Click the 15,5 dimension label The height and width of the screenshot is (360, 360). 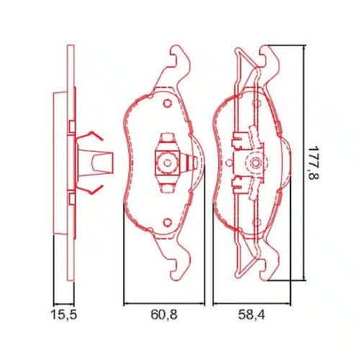click(x=64, y=315)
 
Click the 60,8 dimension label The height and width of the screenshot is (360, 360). click(x=164, y=315)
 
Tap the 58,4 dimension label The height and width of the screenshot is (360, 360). click(x=251, y=315)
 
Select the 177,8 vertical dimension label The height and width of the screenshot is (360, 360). click(x=314, y=163)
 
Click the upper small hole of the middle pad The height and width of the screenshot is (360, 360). click(x=168, y=104)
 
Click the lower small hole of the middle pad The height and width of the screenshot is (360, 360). click(x=168, y=222)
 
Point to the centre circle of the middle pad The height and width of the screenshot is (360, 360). click(x=167, y=163)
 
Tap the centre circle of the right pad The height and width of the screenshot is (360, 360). click(x=254, y=163)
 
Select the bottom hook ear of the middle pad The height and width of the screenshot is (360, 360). click(x=181, y=261)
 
